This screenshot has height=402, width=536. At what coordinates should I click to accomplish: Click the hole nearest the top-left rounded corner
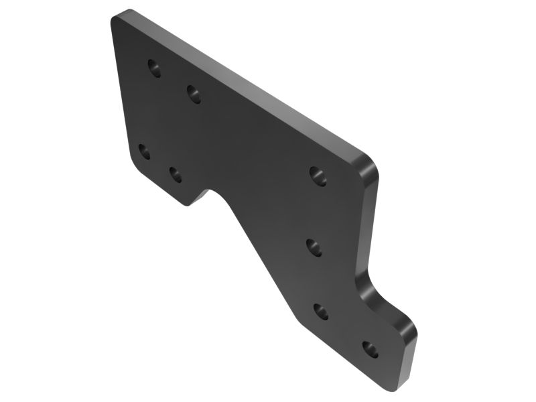[155, 68]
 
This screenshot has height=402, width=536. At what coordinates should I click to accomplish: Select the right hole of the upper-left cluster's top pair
[194, 94]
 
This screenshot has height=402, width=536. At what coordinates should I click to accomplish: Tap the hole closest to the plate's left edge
[144, 151]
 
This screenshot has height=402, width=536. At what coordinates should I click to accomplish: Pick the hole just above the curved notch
[176, 175]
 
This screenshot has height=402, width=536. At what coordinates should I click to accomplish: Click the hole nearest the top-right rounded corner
[318, 176]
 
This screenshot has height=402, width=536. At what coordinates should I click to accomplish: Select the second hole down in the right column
[315, 247]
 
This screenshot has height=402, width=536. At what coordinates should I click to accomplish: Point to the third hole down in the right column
[321, 312]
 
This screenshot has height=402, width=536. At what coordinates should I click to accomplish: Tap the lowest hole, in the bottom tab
[370, 349]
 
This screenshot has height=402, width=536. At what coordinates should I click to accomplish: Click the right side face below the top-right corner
[370, 221]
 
